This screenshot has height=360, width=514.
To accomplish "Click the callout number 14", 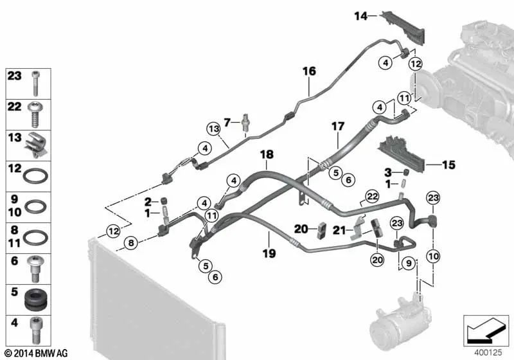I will click(x=360, y=16).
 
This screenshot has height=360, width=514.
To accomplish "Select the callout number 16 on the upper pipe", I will click(x=309, y=71).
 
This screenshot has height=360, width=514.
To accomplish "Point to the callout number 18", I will click(x=267, y=156).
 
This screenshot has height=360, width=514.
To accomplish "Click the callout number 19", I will click(x=269, y=254).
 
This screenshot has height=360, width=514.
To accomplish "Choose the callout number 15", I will click(x=448, y=165).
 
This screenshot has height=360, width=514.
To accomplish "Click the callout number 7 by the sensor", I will click(x=226, y=122).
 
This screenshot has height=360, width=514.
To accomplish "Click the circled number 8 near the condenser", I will click(x=130, y=243).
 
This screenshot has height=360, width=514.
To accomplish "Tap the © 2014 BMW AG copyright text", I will click(x=35, y=353).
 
